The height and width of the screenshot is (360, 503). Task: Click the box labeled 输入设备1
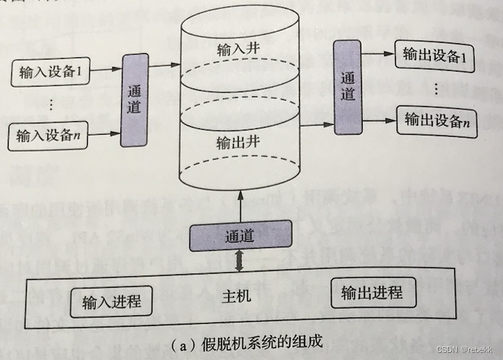click(x=50, y=72)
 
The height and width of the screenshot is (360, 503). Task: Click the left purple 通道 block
click(x=135, y=100)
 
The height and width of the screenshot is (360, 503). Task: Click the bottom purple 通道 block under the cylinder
click(x=239, y=235)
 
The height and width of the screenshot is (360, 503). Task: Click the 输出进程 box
click(x=371, y=293)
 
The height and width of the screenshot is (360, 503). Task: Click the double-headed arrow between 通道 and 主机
click(x=239, y=260)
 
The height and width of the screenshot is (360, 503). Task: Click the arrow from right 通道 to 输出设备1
click(x=378, y=55)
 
